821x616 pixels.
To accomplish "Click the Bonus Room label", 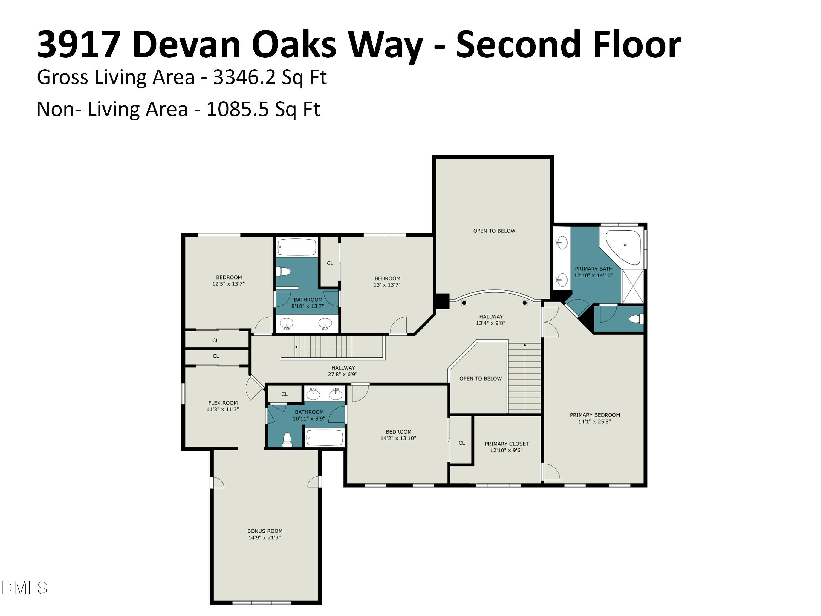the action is click(265, 531).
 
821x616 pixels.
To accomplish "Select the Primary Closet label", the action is click(507, 444).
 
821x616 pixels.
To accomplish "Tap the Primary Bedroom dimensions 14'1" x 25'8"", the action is click(594, 421).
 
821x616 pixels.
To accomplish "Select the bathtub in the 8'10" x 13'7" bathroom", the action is click(297, 247).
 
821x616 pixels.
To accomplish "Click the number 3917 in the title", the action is click(79, 45).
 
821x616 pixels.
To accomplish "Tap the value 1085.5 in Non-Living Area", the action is click(238, 110).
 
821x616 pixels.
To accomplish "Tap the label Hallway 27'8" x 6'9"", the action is click(343, 371).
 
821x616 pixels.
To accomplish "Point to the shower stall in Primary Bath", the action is click(632, 286).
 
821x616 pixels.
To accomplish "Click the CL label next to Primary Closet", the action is click(462, 443).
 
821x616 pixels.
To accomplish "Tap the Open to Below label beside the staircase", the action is click(480, 379).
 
